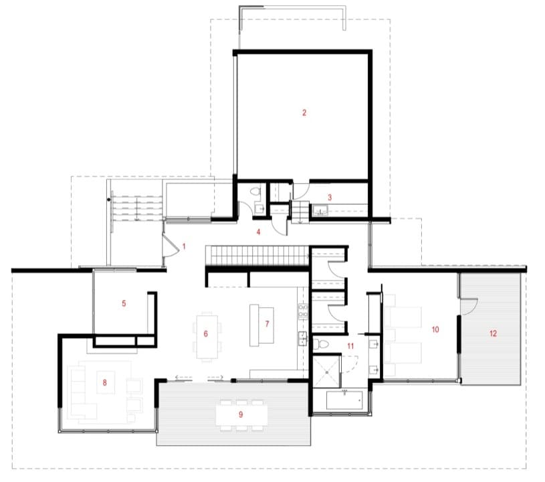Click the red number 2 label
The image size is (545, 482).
click(x=304, y=112)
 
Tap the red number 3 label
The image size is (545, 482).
click(x=330, y=197)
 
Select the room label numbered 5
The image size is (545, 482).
click(x=124, y=303)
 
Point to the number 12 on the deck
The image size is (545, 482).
click(x=493, y=333)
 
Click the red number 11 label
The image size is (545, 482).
click(x=350, y=346)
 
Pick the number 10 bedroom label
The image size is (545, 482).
click(x=435, y=329)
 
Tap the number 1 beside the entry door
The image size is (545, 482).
click(x=184, y=246)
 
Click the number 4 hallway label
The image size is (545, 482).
click(x=258, y=232)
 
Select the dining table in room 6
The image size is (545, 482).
click(x=207, y=337)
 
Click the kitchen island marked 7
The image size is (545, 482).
click(x=261, y=325)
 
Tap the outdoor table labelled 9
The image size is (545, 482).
click(x=241, y=414)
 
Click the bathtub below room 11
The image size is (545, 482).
click(x=344, y=400)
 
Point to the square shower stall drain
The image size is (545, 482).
click(x=327, y=372)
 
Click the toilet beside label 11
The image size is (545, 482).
click(x=321, y=345)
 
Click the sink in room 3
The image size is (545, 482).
click(x=320, y=210)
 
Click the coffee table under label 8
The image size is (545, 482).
click(x=106, y=383)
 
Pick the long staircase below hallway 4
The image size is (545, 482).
click(x=257, y=256)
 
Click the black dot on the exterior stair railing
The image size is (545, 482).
click(x=109, y=199)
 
